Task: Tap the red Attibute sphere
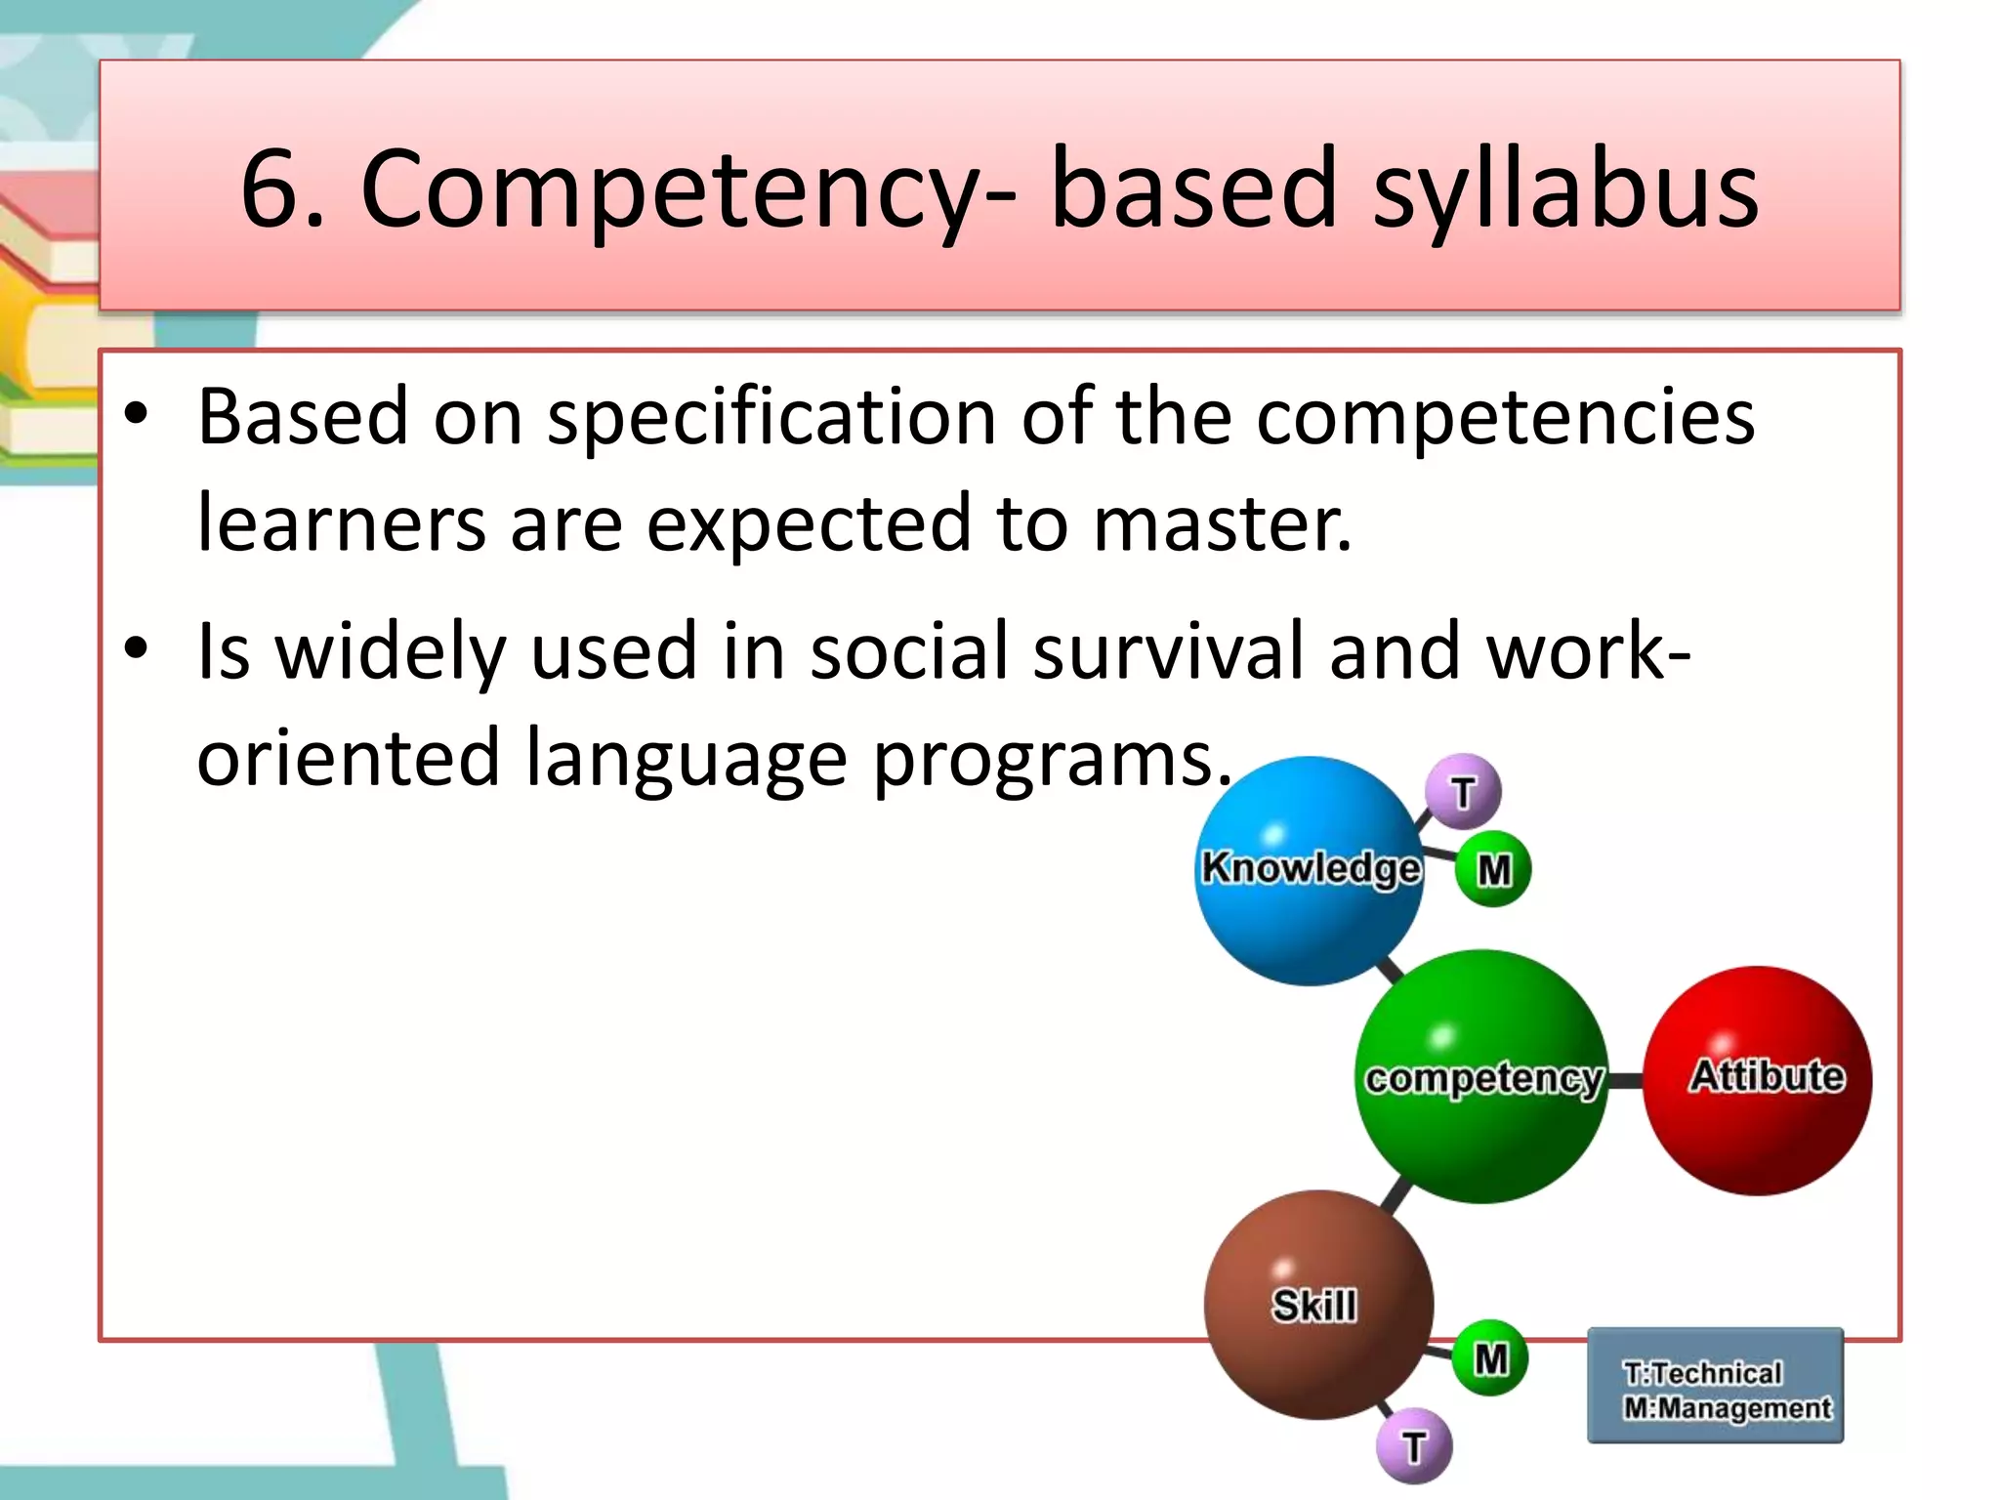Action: pyautogui.click(x=1758, y=1080)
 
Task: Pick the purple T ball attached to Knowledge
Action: pyautogui.click(x=1463, y=792)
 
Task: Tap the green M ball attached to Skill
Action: pyautogui.click(x=1490, y=1358)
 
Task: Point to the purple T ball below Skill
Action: pyautogui.click(x=1414, y=1445)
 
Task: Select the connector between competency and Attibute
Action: pyautogui.click(x=1625, y=1080)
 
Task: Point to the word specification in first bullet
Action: pyautogui.click(x=771, y=418)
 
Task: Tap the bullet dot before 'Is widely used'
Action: pyautogui.click(x=136, y=647)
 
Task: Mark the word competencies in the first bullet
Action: pyautogui.click(x=1505, y=418)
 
